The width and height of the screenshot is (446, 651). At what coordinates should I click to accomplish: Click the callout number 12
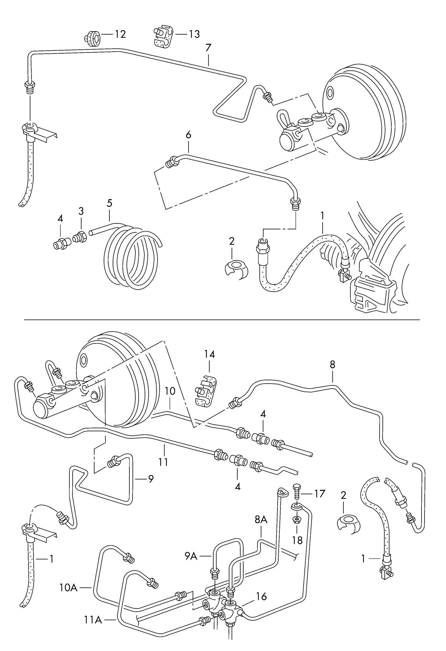coord(120,35)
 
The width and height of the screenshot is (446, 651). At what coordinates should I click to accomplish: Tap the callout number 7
coord(208,48)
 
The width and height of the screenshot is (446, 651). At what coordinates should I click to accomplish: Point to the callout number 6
coord(188,135)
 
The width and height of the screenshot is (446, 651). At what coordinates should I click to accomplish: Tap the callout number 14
coord(209,354)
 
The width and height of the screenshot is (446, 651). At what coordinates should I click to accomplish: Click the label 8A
coord(261,520)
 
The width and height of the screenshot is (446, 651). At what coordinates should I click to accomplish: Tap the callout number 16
coord(261,596)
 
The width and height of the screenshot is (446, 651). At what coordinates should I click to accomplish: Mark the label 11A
coord(92,620)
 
